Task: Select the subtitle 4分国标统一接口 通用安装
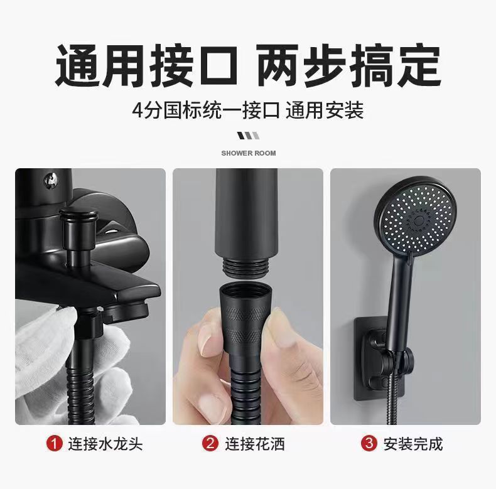click(x=248, y=111)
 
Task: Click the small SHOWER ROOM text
click(x=248, y=153)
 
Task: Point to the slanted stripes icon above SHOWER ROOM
click(x=247, y=136)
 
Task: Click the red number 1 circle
click(x=55, y=443)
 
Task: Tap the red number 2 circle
click(x=210, y=443)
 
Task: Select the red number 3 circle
click(x=369, y=443)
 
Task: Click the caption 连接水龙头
click(x=105, y=444)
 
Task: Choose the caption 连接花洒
click(x=254, y=444)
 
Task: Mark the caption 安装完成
click(x=412, y=444)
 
